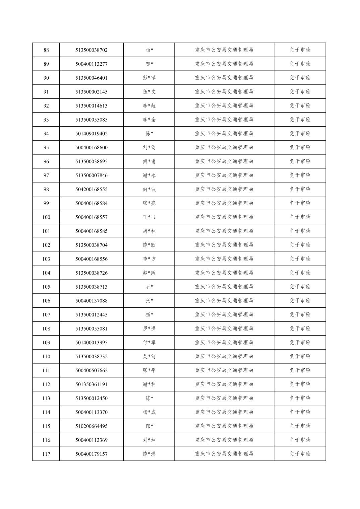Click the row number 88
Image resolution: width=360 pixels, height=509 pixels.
[x=46, y=50]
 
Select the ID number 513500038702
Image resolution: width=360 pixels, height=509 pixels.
[x=92, y=50]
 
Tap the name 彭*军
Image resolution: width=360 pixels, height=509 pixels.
[x=149, y=78]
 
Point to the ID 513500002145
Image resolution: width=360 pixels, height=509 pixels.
[x=92, y=92]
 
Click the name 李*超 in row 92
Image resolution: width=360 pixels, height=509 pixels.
[x=149, y=106]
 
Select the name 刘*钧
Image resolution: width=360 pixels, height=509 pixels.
[x=149, y=148]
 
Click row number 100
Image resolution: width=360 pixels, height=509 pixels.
[x=46, y=217]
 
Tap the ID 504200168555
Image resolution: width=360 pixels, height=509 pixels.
[x=92, y=190]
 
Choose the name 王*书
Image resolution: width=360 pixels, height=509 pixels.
[x=149, y=217]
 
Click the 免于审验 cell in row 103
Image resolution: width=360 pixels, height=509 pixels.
[x=300, y=259]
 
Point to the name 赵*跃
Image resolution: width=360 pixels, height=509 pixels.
[x=149, y=273]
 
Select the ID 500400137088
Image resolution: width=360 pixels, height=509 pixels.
[x=92, y=301]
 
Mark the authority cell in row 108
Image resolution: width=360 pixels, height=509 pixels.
[x=224, y=329]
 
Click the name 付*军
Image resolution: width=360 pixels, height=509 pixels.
[x=149, y=343]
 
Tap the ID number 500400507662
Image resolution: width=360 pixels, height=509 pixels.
[x=92, y=371]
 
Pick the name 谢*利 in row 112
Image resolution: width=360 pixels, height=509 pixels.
[x=149, y=384]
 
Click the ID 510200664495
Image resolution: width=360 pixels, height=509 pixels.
[x=92, y=426]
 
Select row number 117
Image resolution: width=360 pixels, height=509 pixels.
[x=46, y=454]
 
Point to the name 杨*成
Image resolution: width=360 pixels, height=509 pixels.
[x=149, y=412]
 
